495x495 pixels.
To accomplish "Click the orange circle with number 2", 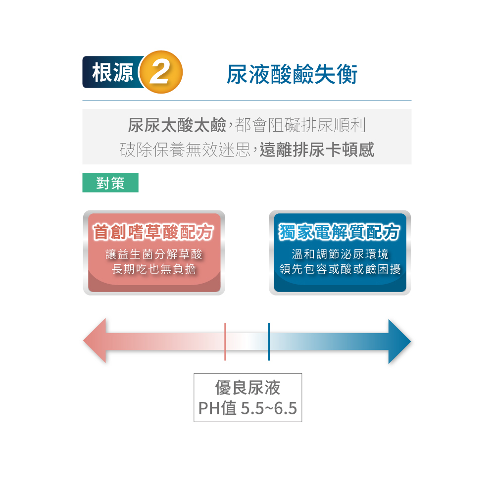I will pos(161,73).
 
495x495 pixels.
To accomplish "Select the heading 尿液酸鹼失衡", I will pos(292,74).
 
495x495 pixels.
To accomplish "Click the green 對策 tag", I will pos(110,183).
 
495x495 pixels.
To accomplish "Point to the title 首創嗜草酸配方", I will pos(153,232).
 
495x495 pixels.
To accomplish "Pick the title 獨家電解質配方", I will pos(340,232).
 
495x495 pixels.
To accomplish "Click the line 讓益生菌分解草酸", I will pos(154,255).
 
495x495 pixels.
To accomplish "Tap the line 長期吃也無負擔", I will pos(154,269).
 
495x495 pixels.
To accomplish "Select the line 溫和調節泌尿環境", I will pos(340,255).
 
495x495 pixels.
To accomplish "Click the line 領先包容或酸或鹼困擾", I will pos(340,269).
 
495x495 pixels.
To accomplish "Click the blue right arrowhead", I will pos(398,341).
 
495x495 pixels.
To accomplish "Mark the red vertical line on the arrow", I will pos(225,341).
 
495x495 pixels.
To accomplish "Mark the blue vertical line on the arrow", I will pos(269,341).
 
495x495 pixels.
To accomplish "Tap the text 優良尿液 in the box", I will pos(247,388).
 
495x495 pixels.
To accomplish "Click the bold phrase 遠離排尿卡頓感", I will pos(317,149).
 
